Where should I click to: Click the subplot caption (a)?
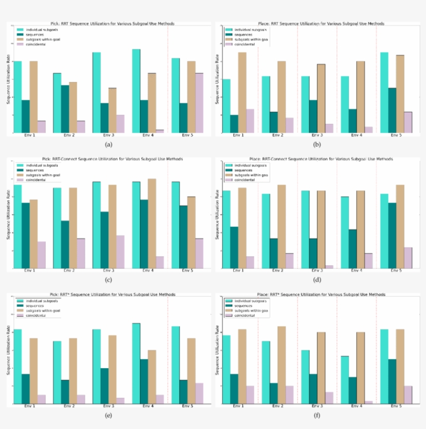coord(109,144)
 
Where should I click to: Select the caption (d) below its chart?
coord(317,280)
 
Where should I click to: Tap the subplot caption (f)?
coord(317,415)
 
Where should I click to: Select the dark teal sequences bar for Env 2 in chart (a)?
coord(65,109)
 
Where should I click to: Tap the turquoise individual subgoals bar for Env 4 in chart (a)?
coord(136,90)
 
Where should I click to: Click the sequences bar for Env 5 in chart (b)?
coord(392,110)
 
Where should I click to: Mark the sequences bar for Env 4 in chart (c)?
coord(144,234)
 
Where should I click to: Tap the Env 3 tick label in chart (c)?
coord(109,271)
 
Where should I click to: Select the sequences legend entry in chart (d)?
coord(244,170)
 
